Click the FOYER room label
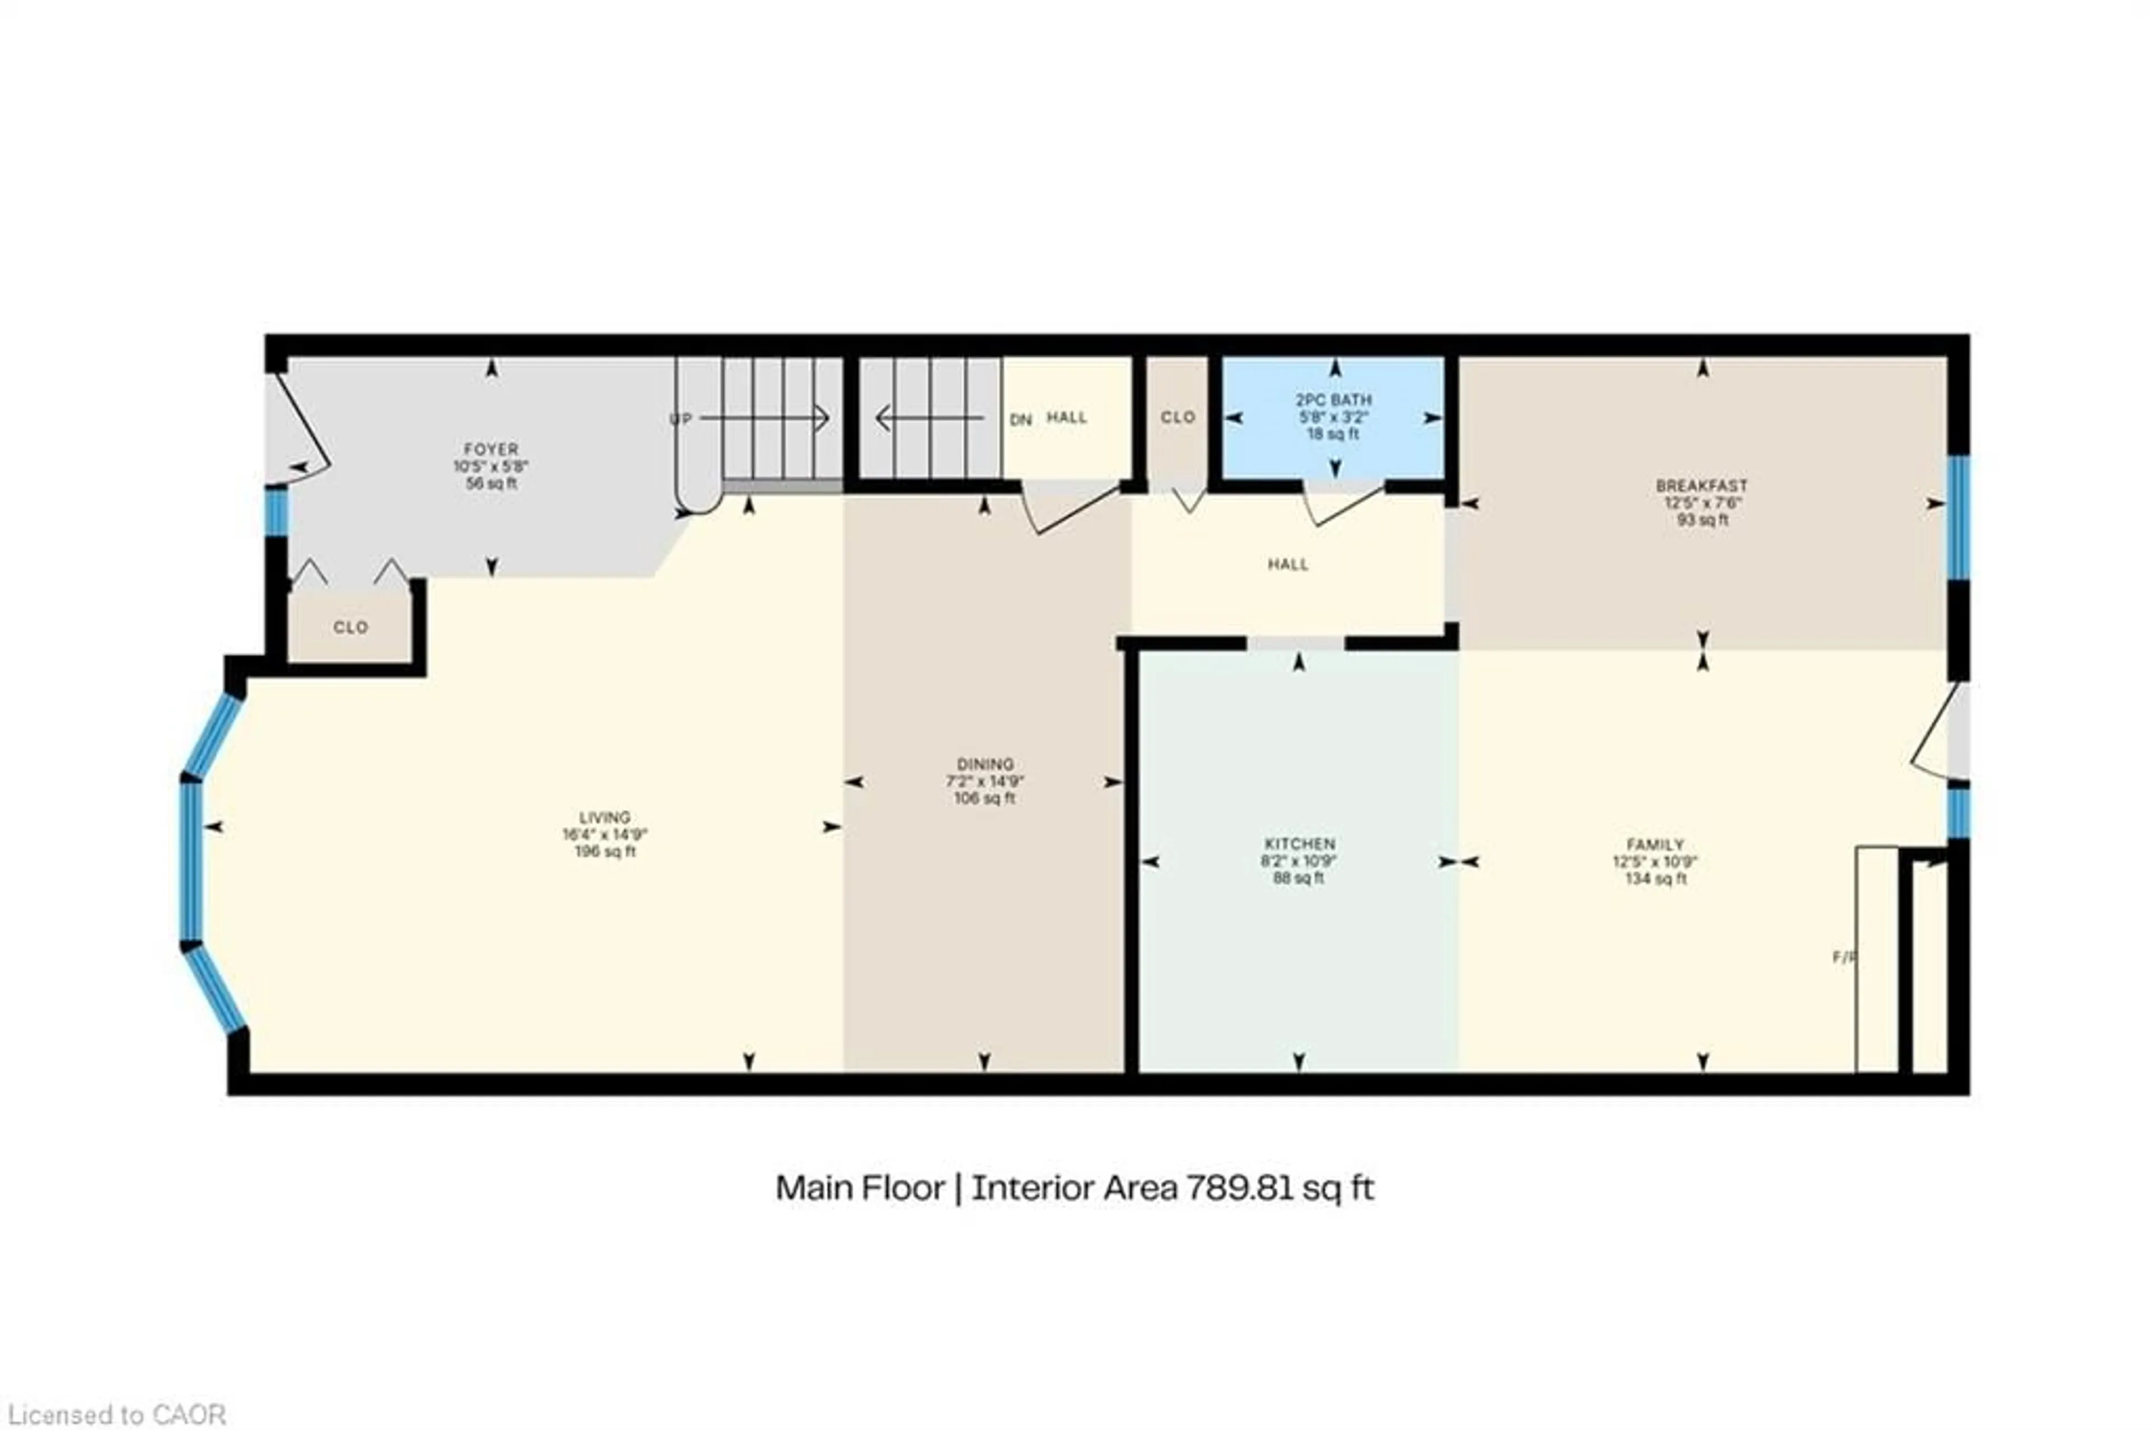(490, 448)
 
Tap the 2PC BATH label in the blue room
(1333, 399)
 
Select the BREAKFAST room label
(1702, 486)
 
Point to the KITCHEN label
(1298, 844)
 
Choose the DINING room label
(985, 764)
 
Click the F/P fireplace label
(1844, 957)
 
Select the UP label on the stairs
(681, 419)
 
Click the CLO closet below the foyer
(350, 628)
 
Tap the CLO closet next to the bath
(1177, 417)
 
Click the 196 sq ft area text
(605, 852)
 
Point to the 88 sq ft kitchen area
(1298, 879)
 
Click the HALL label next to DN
(1066, 418)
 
